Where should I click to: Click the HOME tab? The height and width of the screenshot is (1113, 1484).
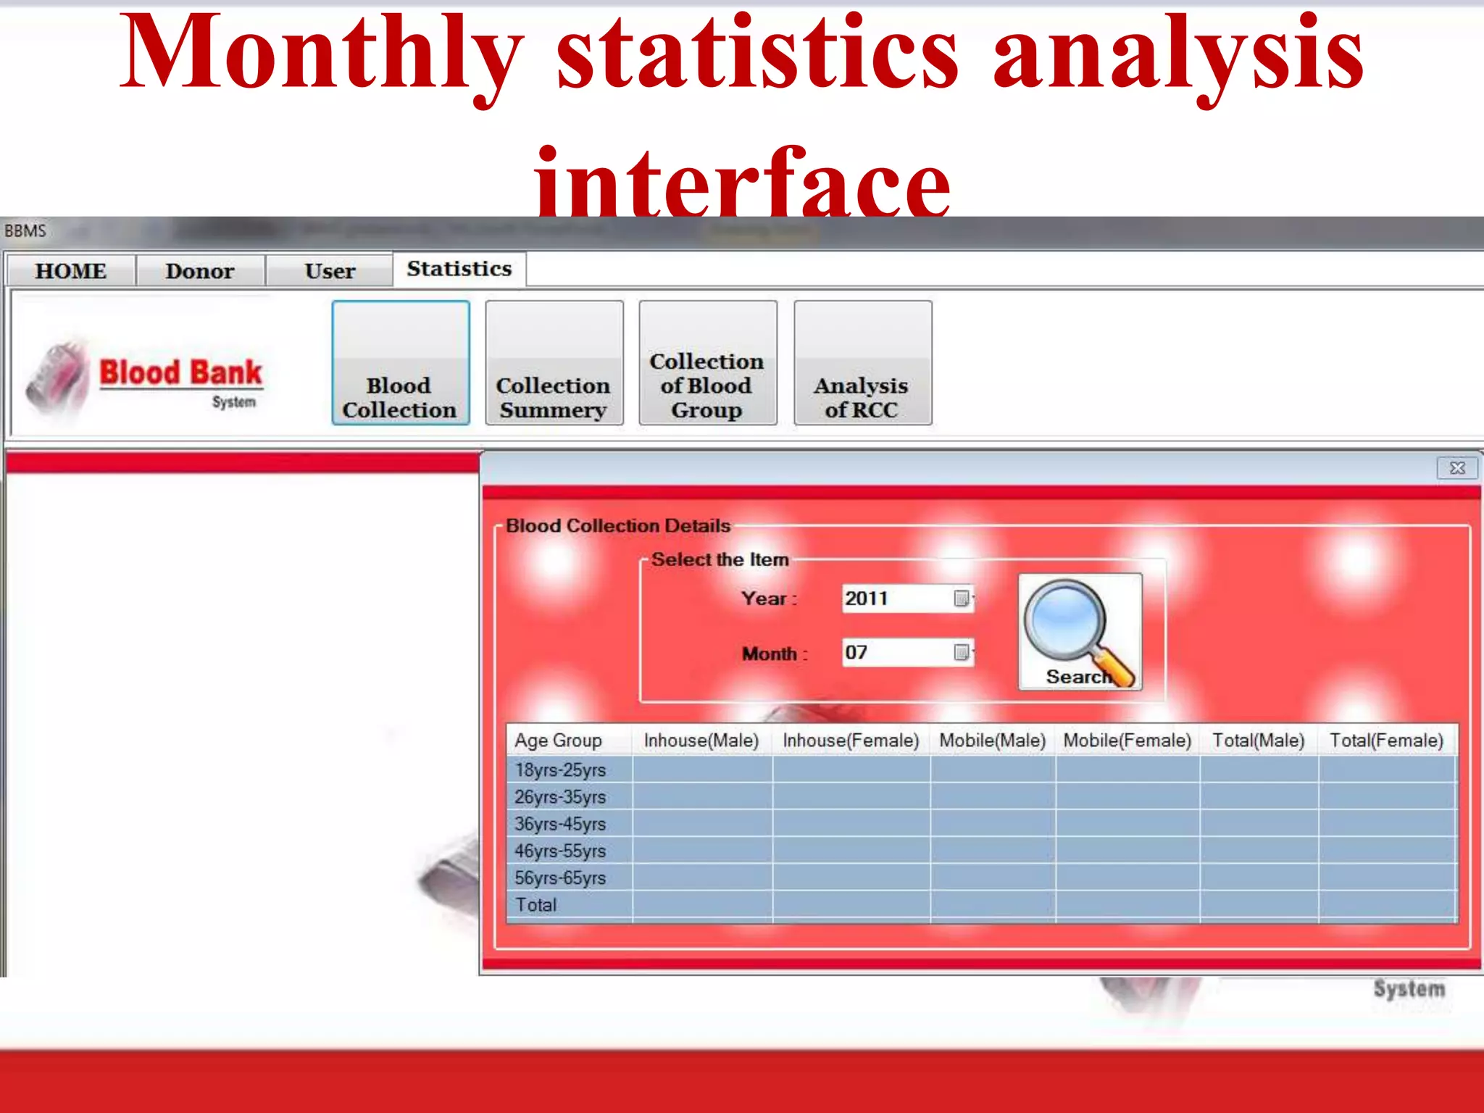70,271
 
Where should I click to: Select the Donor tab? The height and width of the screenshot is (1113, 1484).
200,271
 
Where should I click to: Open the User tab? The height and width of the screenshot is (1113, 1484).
330,271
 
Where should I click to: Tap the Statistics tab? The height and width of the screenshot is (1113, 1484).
459,269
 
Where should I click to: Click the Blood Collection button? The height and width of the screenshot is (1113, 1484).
400,363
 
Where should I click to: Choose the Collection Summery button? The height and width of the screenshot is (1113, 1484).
554,363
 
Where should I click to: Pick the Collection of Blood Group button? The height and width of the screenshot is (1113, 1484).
707,363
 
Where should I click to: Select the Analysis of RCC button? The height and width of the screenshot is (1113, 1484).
862,363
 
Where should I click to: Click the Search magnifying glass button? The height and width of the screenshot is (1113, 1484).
1080,631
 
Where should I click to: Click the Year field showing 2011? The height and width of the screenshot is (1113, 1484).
899,599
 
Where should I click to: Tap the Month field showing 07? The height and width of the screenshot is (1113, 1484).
899,653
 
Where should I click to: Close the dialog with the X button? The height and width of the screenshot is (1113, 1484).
1457,468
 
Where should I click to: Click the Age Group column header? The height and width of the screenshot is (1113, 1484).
558,741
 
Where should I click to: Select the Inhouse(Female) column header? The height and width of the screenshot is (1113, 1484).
851,741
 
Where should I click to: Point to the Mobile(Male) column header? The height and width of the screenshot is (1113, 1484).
992,741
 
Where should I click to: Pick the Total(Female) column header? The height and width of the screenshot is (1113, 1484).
1386,741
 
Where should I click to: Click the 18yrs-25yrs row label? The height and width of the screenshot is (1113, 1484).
560,770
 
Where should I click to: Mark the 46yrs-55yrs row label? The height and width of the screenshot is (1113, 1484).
560,851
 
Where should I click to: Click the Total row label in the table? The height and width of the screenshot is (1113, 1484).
536,905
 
